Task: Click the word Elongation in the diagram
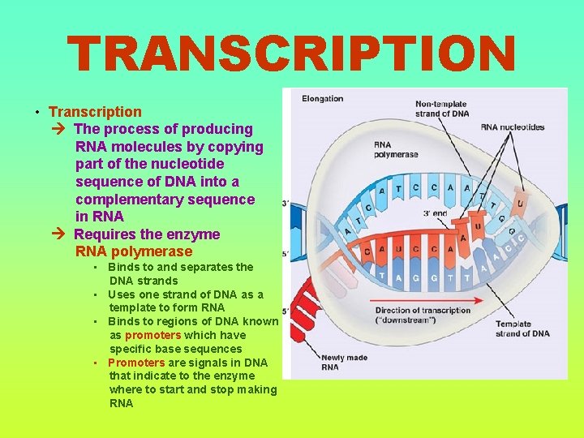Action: point(322,99)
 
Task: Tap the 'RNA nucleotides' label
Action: point(512,127)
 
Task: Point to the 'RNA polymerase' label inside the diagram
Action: point(396,150)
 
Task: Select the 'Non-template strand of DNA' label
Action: point(442,109)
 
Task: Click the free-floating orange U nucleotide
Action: point(519,200)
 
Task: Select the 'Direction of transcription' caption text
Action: point(422,311)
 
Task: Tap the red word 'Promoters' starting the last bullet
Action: point(136,363)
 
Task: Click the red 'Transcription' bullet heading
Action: point(95,112)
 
